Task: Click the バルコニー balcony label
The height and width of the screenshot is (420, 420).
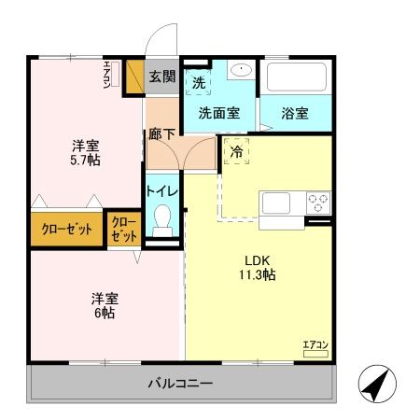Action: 180,384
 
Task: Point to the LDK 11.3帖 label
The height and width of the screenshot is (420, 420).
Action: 259,267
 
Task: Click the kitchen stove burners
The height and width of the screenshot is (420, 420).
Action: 318,202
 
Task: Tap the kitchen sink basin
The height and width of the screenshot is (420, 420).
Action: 277,203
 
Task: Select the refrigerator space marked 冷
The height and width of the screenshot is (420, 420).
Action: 237,151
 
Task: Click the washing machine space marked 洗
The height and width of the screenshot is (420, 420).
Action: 198,82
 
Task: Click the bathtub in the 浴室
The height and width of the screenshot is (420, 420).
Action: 295,76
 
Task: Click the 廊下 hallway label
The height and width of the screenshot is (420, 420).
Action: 161,133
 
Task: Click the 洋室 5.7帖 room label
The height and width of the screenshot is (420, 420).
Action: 86,152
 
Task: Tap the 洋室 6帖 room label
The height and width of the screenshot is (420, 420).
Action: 103,306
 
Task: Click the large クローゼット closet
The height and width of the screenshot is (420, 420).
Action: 65,230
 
